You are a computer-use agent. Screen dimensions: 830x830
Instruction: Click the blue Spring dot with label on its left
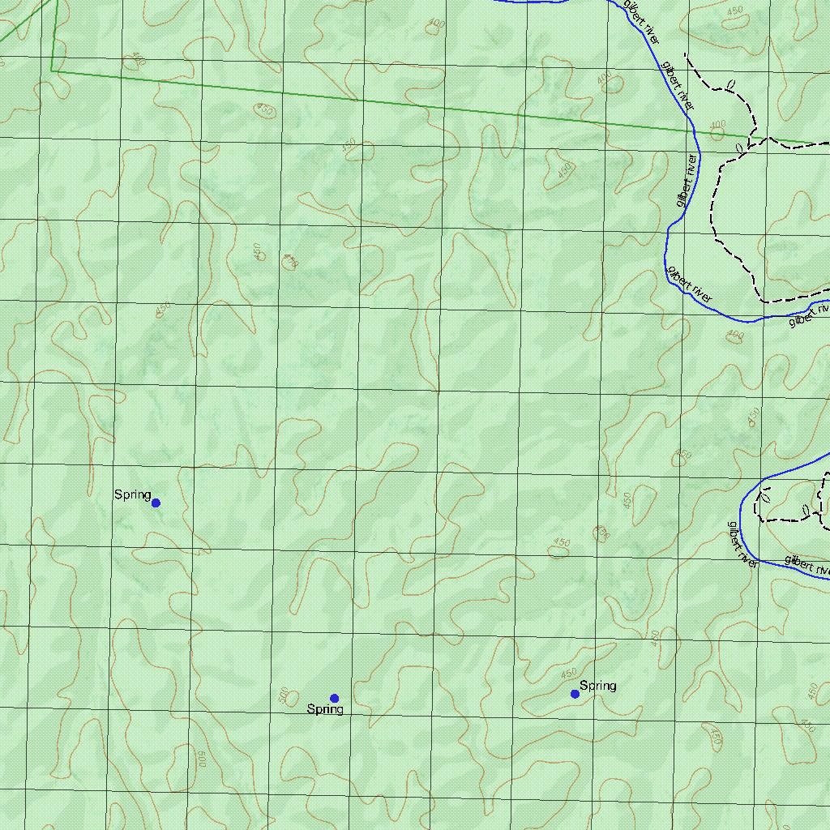[x=156, y=503]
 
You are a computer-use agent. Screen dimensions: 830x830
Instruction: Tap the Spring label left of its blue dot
[x=132, y=494]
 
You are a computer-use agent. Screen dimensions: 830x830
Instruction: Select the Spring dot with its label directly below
[x=334, y=698]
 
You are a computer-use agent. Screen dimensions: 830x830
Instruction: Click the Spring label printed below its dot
[x=324, y=709]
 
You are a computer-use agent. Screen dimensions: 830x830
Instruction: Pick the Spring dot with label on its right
[x=575, y=694]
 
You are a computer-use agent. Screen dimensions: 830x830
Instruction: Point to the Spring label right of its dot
[x=597, y=686]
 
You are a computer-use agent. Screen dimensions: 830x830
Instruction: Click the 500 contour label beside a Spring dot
[x=283, y=695]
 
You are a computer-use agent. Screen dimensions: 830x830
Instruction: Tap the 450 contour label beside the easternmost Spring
[x=568, y=673]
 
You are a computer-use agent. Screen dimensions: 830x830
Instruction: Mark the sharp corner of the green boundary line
[x=53, y=71]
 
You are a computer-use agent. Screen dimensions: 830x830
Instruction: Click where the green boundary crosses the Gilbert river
[x=696, y=130]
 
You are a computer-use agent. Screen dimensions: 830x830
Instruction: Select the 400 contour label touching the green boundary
[x=717, y=126]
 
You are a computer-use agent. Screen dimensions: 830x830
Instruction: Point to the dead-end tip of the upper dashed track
[x=687, y=55]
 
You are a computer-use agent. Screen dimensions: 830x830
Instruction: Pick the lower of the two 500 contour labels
[x=202, y=759]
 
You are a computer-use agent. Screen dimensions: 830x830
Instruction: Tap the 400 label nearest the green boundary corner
[x=138, y=59]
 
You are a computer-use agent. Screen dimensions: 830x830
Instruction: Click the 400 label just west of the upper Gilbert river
[x=605, y=78]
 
